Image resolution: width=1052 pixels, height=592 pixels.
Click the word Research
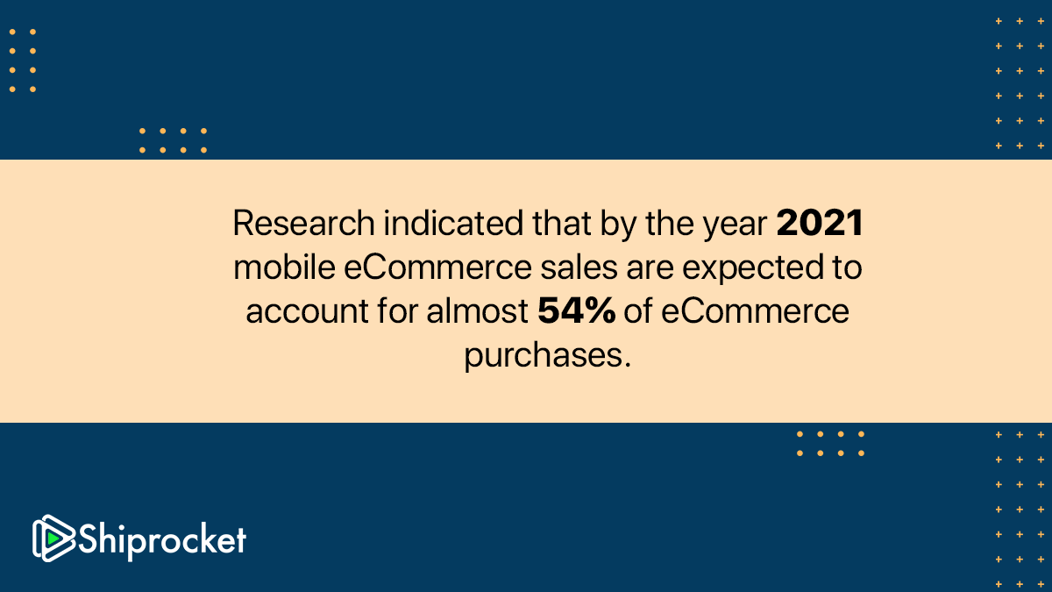(304, 223)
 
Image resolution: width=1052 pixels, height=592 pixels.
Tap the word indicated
(453, 223)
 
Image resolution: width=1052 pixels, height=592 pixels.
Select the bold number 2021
(820, 223)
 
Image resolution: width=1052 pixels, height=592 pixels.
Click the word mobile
(284, 267)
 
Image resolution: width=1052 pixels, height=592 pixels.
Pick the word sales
(579, 267)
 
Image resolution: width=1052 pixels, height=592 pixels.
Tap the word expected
(753, 268)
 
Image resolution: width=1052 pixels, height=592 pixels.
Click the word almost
(477, 310)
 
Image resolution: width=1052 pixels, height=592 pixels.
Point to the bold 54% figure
(576, 310)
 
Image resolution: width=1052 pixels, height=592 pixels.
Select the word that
(562, 223)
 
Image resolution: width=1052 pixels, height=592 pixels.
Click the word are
(650, 267)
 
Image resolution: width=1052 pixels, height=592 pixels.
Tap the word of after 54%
(638, 310)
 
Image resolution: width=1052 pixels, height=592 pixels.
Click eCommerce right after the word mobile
(437, 267)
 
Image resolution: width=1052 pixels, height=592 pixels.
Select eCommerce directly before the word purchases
(755, 311)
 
